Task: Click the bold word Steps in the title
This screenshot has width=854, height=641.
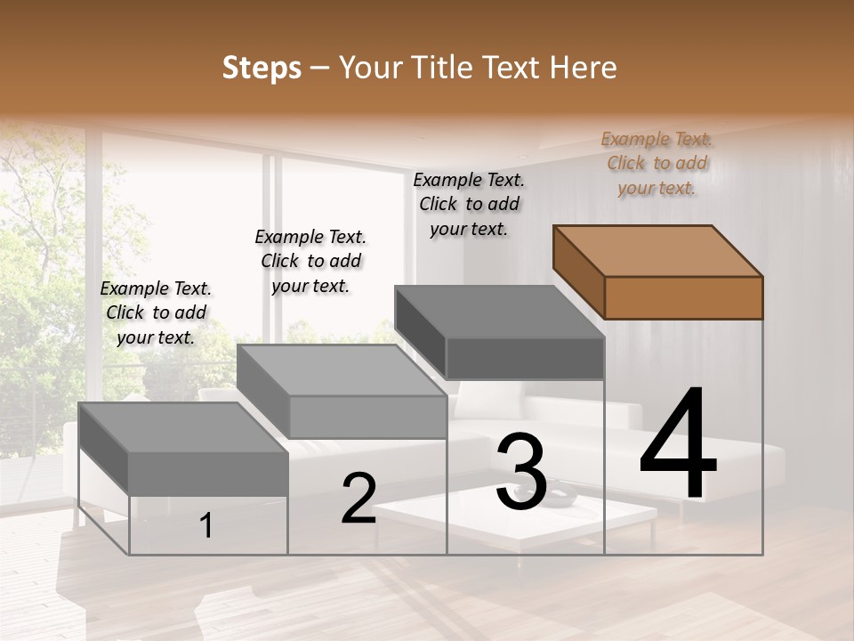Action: point(262,68)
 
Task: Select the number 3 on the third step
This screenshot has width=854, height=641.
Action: point(521,472)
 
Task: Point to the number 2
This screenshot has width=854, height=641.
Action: point(359,498)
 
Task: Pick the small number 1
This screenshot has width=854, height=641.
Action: point(206,526)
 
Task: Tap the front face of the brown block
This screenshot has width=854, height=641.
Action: point(683,297)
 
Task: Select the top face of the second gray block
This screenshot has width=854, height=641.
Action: point(342,370)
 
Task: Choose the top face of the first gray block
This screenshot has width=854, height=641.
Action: point(183,428)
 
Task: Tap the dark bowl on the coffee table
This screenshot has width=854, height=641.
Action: point(560,499)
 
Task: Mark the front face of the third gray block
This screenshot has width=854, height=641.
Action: point(525,359)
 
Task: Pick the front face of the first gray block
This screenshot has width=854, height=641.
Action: point(208,473)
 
